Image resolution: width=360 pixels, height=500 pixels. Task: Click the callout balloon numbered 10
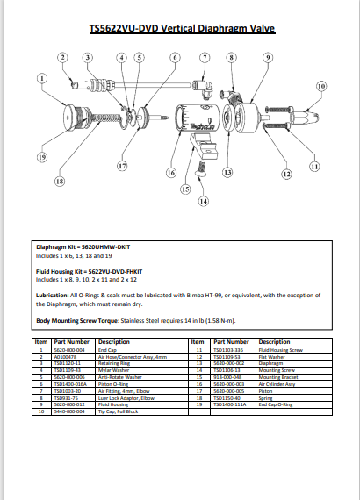point(321,87)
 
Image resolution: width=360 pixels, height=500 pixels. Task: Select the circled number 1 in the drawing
point(41,78)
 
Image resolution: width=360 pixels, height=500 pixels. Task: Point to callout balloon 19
point(41,157)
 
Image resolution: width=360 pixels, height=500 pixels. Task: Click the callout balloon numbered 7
point(204,58)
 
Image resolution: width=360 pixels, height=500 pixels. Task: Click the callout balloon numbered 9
point(266,58)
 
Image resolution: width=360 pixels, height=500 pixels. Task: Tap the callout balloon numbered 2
point(62,58)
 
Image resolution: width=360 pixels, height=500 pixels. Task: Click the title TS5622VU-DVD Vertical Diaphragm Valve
point(182,28)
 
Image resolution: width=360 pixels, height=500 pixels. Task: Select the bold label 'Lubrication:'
point(54,297)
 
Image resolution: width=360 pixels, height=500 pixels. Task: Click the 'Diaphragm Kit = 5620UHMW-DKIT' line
point(88,250)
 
